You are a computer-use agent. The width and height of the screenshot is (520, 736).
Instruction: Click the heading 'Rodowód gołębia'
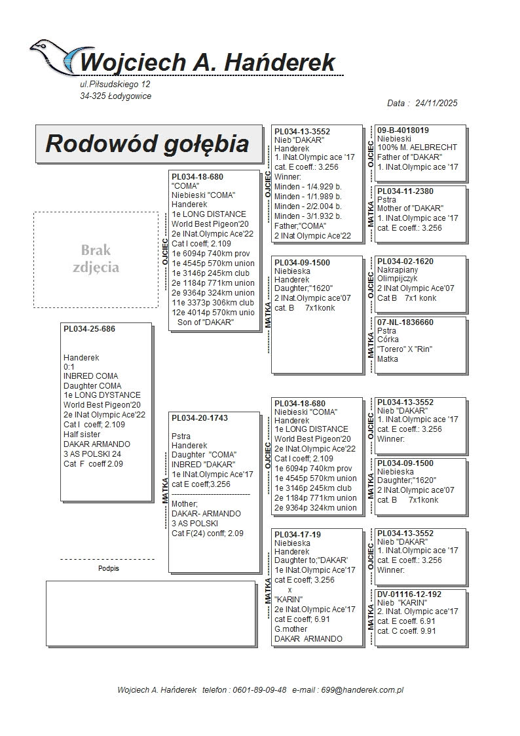click(147, 144)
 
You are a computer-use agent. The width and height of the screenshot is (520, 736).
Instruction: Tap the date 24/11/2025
click(435, 103)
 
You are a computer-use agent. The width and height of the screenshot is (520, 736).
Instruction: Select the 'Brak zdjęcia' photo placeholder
click(96, 259)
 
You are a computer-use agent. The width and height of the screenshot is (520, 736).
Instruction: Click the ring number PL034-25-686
click(89, 329)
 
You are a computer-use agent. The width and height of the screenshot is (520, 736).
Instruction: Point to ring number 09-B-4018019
click(403, 130)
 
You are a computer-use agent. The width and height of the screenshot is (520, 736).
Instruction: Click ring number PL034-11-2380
click(405, 191)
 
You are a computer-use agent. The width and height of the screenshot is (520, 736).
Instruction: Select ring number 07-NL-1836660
click(405, 322)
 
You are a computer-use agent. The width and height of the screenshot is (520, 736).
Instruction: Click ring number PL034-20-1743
click(199, 417)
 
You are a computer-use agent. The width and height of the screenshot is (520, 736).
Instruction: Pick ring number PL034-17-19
click(297, 535)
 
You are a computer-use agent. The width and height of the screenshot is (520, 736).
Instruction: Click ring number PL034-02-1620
click(405, 261)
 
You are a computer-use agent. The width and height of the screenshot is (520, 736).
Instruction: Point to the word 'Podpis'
click(108, 569)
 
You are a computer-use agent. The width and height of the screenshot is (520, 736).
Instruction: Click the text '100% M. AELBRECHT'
click(417, 147)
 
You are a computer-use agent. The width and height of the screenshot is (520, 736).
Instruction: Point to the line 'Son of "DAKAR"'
click(205, 322)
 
